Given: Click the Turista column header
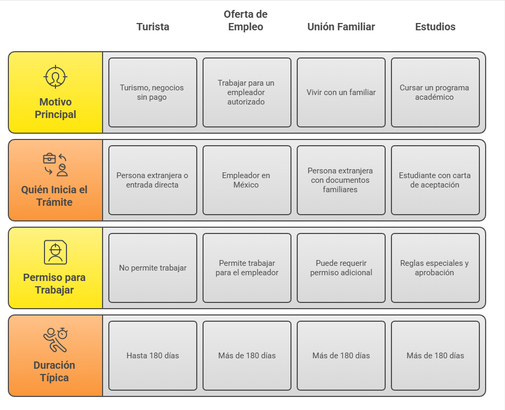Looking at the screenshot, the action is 153,27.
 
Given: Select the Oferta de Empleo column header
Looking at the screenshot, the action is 245,20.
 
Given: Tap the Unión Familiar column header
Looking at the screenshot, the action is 341,27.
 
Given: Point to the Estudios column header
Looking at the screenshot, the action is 435,27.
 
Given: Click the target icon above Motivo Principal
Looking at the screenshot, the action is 55,77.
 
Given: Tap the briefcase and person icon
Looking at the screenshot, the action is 55,165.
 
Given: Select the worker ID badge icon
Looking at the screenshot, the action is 55,252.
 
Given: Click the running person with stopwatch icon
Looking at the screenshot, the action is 55,340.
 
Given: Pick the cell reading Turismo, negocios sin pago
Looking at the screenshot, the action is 153,92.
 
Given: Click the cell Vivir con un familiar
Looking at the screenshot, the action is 341,92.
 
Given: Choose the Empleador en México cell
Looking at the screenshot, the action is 246,180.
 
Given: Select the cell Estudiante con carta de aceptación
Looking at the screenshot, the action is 435,180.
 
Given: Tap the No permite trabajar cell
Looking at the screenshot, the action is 153,268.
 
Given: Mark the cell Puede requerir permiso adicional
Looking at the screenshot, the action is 341,268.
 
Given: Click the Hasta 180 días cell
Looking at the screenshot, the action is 153,356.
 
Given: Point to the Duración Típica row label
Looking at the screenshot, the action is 54,371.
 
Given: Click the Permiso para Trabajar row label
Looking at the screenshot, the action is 54,284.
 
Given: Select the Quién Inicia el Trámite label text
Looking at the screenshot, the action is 54,196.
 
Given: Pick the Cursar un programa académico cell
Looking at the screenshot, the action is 435,92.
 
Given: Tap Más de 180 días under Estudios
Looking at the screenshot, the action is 435,356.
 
